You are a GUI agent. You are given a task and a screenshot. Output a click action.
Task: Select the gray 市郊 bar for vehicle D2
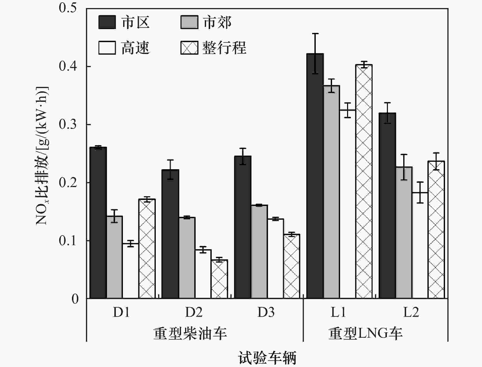[187, 258]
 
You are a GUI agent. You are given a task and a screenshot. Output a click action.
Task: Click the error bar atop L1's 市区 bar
[315, 54]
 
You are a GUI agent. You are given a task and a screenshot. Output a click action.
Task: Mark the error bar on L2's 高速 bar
[420, 192]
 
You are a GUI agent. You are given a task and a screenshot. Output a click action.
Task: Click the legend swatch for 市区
[107, 22]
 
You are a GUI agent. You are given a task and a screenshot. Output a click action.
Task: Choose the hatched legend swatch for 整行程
[189, 48]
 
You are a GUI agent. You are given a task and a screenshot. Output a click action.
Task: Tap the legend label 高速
[135, 48]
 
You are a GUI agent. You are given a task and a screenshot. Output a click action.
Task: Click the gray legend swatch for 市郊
[189, 22]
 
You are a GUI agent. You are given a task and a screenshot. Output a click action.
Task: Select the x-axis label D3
[266, 312]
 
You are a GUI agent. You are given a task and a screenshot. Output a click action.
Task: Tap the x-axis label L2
[411, 312]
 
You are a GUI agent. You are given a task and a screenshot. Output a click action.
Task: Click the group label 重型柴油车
[190, 334]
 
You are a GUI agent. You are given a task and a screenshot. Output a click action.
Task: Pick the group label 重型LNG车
[365, 334]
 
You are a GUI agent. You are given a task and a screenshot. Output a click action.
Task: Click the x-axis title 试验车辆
[267, 358]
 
